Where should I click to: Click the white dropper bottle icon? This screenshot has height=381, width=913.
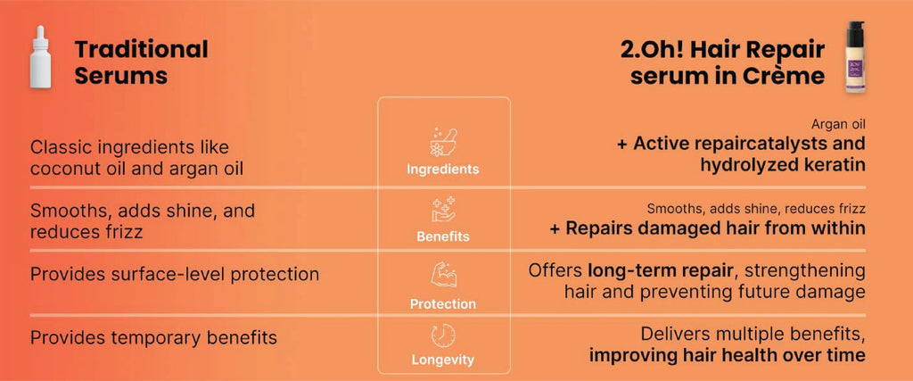[x=41, y=57]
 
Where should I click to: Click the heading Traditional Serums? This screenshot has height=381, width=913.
[x=142, y=62]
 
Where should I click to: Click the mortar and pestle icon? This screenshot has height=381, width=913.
[x=443, y=143]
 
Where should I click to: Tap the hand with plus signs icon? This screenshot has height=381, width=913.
[x=443, y=210]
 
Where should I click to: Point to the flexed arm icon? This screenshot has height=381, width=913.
[x=443, y=274]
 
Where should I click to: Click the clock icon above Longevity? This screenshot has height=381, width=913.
[x=443, y=336]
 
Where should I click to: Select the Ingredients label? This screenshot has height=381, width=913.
[x=443, y=170]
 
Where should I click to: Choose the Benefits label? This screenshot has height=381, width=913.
[x=443, y=237]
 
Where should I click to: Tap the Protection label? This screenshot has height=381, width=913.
[x=443, y=304]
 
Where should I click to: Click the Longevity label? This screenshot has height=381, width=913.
[x=443, y=360]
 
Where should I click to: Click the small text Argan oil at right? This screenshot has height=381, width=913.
[x=838, y=124]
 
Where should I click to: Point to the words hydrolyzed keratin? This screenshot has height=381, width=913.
[x=783, y=165]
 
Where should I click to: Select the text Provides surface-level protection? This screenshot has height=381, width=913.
[x=174, y=275]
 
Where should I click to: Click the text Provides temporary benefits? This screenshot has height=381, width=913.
[x=153, y=337]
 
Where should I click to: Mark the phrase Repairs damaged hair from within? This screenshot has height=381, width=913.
[x=716, y=228]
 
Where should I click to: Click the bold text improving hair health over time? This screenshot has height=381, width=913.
[x=728, y=355]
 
